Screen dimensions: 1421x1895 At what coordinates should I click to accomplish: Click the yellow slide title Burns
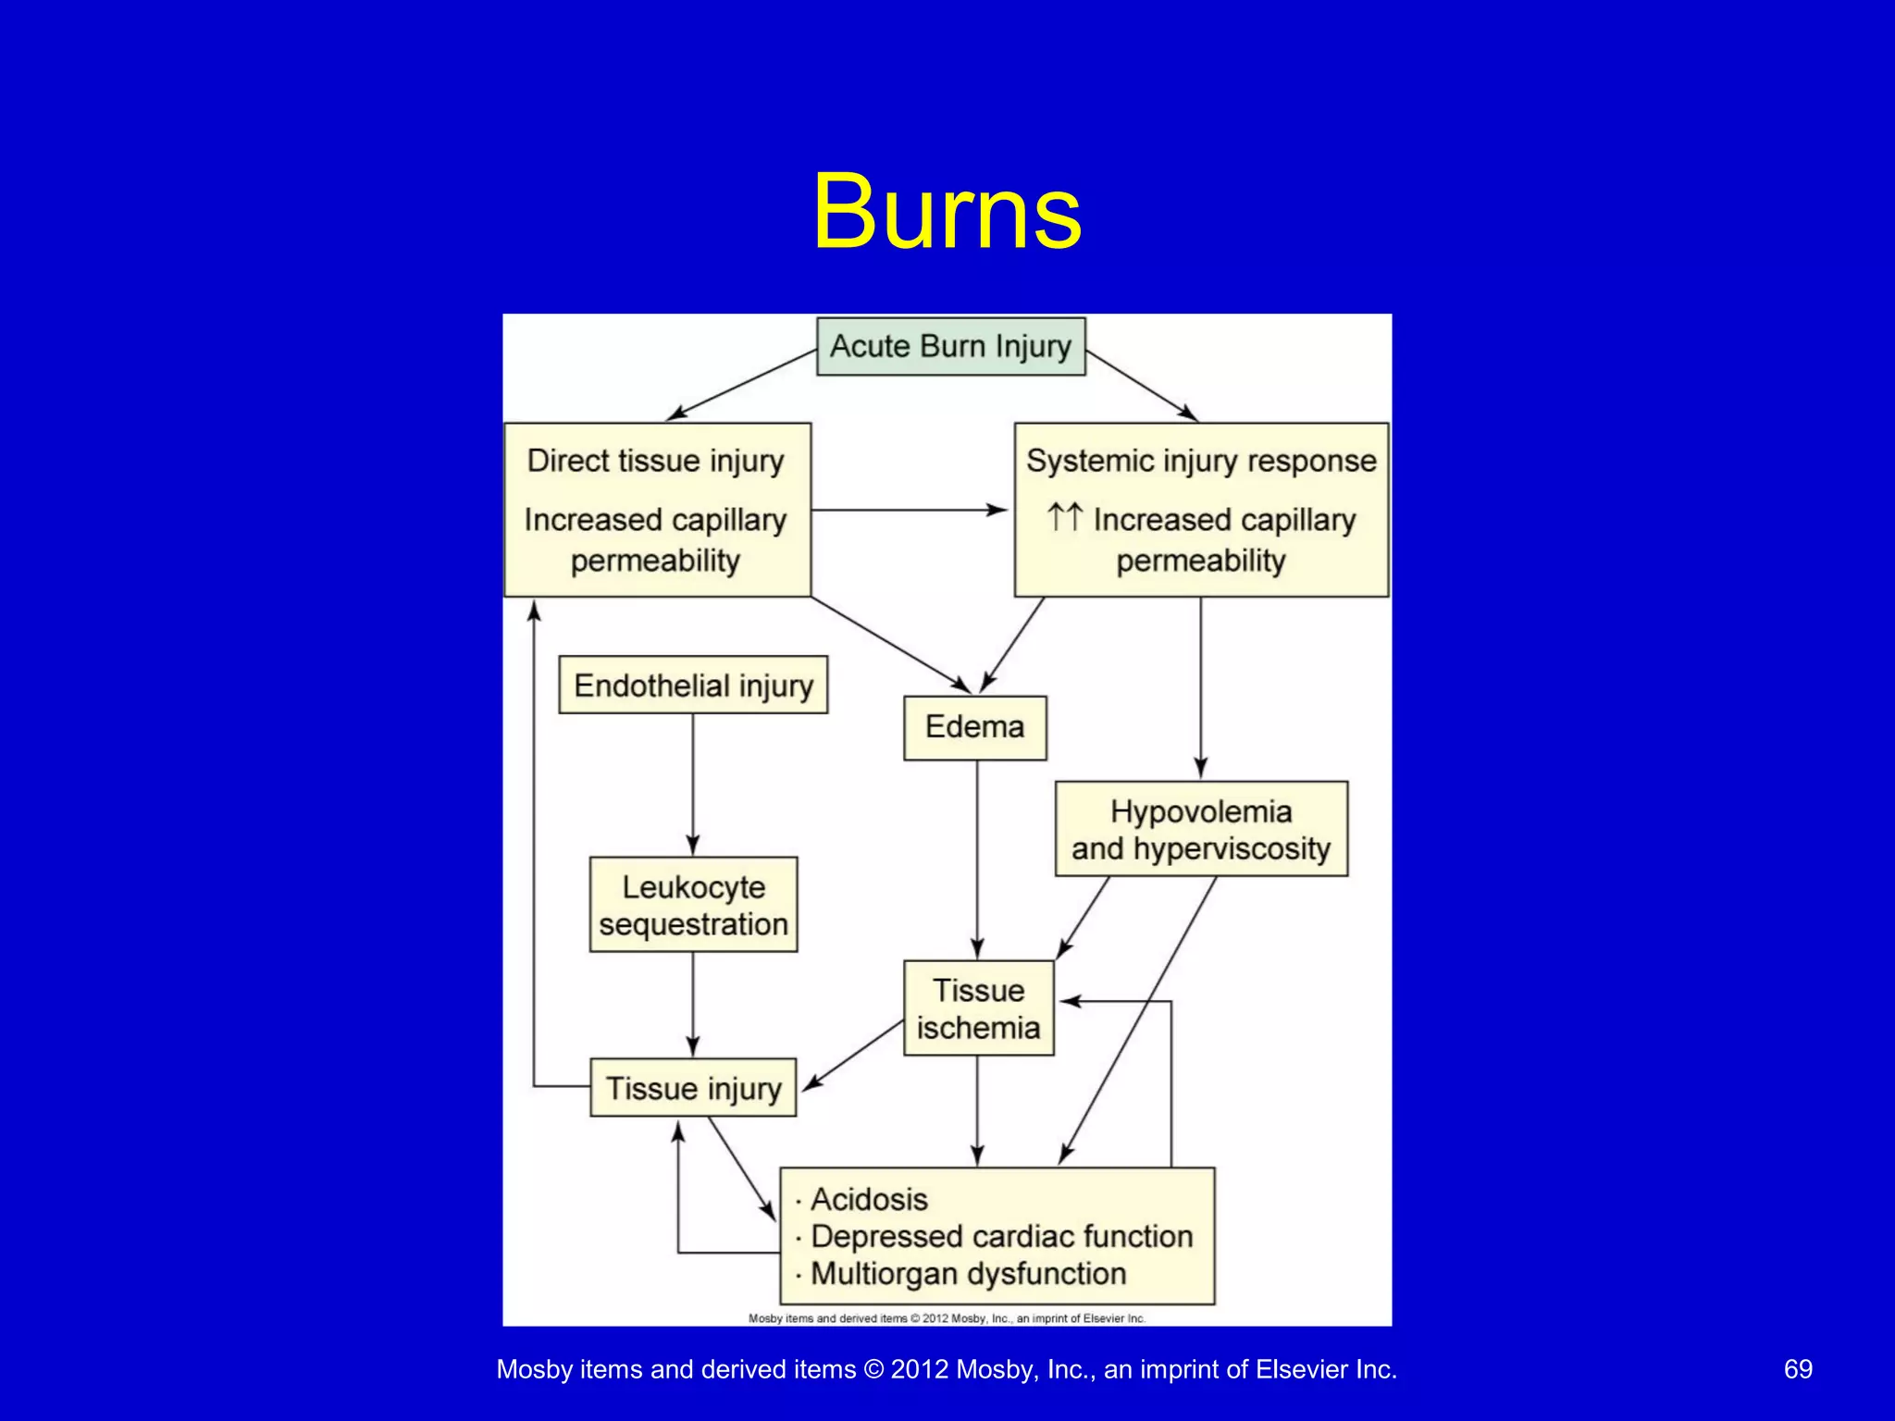(947, 212)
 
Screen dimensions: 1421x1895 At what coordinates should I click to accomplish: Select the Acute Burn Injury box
(950, 346)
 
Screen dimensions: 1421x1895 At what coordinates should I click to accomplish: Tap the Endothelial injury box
(693, 686)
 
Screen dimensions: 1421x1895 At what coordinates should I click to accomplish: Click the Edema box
(974, 727)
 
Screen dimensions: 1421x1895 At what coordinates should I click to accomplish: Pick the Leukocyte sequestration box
(693, 905)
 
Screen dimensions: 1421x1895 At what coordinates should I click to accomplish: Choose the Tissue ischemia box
(978, 1008)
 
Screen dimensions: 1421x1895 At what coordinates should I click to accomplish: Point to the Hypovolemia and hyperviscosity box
(1200, 829)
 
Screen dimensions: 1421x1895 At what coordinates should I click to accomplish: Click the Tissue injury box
(693, 1088)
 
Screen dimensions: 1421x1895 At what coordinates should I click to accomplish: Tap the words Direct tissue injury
(655, 461)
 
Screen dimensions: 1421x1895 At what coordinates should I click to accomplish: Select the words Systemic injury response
(1201, 461)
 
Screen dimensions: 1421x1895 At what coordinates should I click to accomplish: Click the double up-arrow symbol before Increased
(1064, 517)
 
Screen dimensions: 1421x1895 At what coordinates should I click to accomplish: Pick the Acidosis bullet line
(868, 1200)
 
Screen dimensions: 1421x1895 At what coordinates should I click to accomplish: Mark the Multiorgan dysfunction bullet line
(968, 1274)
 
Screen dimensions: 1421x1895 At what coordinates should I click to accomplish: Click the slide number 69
(1797, 1369)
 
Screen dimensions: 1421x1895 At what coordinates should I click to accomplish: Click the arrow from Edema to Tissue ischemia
(977, 860)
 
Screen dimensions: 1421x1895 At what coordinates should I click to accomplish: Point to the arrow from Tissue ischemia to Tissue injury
(852, 1055)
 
